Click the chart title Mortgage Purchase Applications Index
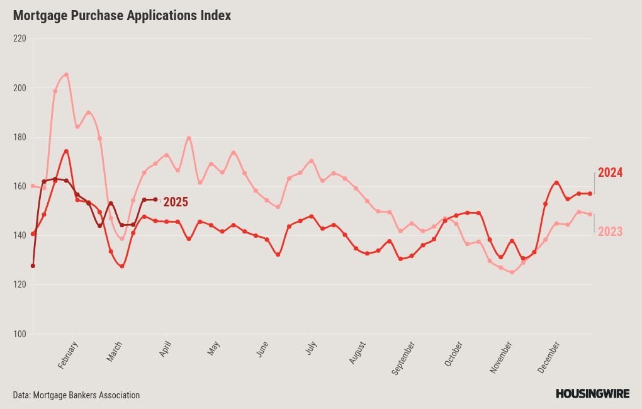122,16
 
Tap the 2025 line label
176,202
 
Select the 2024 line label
610,172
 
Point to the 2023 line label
610,232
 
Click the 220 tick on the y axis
20,38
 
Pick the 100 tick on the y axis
20,334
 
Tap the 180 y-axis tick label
20,137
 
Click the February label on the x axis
67,355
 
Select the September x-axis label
403,358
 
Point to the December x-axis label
548,357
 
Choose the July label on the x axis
311,347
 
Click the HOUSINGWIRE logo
592,394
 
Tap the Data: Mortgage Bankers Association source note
76,395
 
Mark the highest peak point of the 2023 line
66,74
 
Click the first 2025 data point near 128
33,266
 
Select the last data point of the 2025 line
155,200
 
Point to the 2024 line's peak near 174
66,151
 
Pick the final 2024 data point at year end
590,194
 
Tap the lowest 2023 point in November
512,272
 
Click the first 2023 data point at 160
33,186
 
